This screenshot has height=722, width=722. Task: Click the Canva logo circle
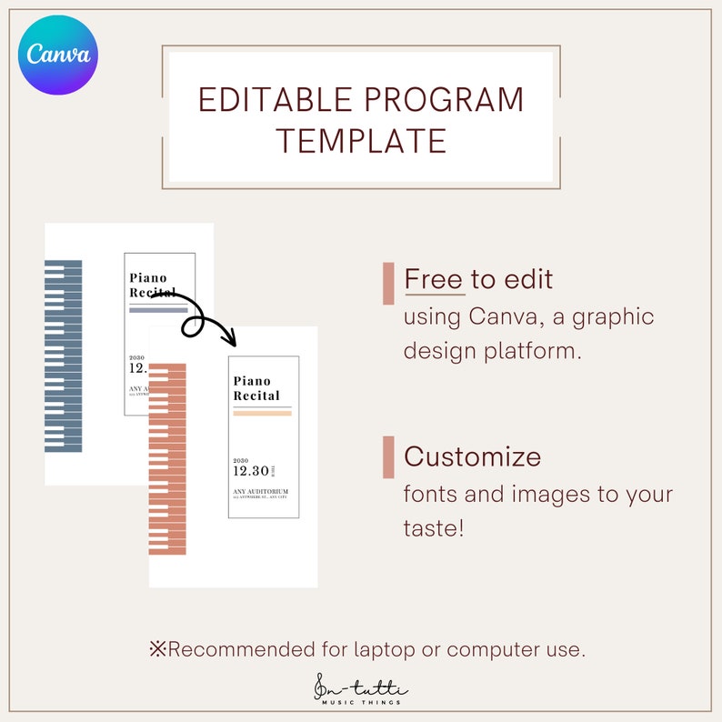coord(59,55)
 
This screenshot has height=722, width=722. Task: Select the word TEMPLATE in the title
coord(361,140)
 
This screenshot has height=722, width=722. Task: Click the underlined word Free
coord(434,279)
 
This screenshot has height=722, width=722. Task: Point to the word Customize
coord(472,456)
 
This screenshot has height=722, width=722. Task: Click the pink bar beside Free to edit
coord(388,283)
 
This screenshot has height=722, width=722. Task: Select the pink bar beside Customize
coord(388,456)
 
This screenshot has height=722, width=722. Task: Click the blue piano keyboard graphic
coord(64,356)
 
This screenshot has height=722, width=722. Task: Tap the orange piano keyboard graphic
coord(167,458)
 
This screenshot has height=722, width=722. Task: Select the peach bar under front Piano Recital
coord(262,413)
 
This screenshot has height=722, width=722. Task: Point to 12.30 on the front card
coord(251,470)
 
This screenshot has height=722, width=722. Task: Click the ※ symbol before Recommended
coord(158,649)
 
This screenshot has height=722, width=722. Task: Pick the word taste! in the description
coord(434,527)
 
